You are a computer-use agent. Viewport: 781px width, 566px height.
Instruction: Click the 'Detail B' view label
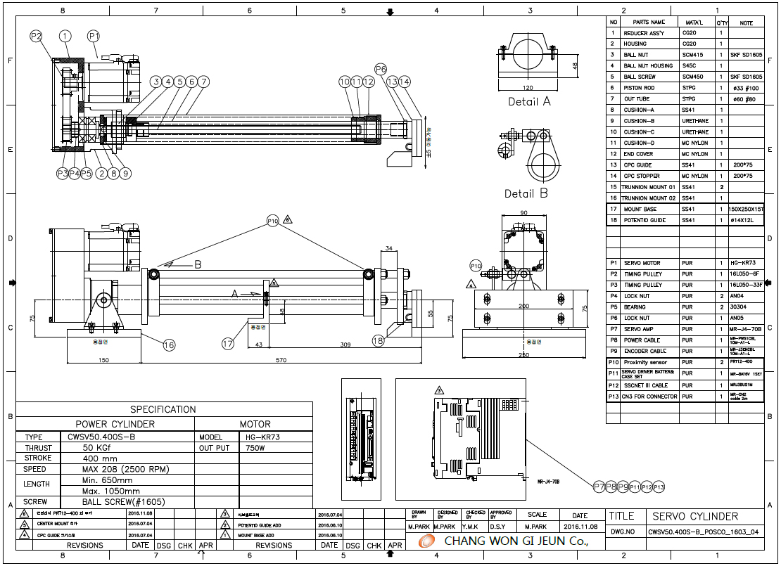coord(526,193)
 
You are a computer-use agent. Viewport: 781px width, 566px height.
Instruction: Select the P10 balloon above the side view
coord(273,221)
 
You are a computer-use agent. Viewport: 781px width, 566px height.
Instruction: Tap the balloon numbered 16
coord(169,345)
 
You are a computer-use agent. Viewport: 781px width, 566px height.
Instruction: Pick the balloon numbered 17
coord(228,344)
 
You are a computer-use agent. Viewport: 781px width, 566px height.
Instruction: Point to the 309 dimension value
coord(325,345)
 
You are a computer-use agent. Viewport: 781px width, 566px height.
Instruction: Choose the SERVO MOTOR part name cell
coord(642,263)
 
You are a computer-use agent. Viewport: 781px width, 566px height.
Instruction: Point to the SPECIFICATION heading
coord(163,409)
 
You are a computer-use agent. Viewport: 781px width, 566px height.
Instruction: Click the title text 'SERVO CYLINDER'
coord(694,517)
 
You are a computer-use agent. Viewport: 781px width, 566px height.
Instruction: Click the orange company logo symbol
coord(426,541)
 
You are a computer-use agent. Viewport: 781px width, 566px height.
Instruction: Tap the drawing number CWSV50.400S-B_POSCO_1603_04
coord(703,532)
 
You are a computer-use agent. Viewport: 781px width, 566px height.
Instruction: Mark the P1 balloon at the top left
coord(94,36)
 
